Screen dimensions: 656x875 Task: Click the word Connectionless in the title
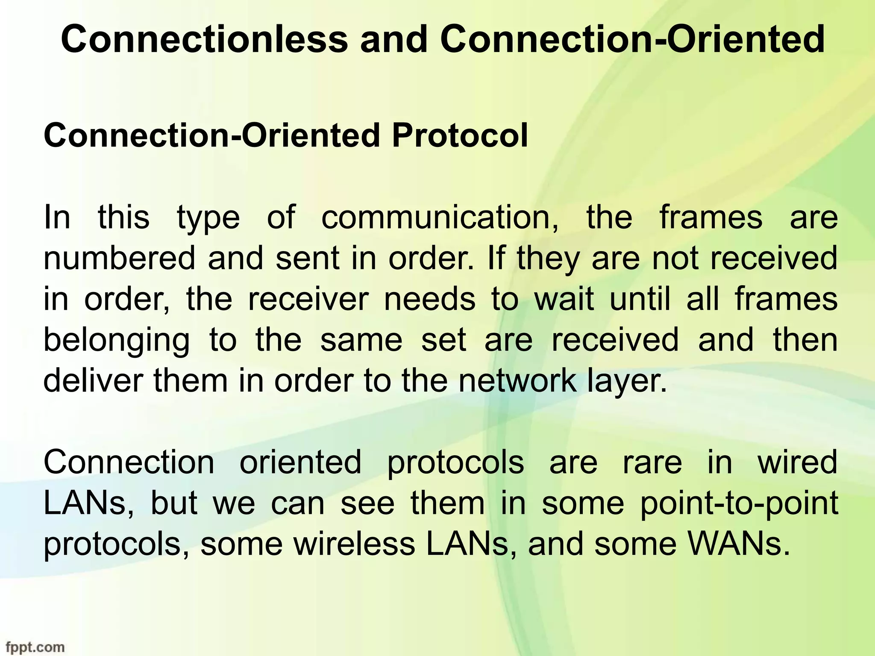[x=204, y=39]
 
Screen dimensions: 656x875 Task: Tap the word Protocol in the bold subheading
[x=460, y=135]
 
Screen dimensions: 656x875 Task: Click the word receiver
[x=308, y=299]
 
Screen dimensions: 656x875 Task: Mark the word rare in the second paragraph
[x=652, y=463]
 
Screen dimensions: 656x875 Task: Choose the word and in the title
[x=393, y=39]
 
